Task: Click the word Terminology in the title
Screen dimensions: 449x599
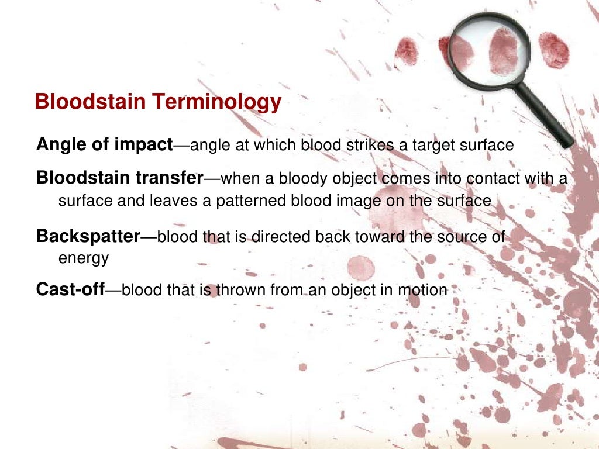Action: coord(218,102)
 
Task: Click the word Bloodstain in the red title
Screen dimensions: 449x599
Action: coord(91,102)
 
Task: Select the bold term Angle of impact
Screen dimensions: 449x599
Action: coord(104,144)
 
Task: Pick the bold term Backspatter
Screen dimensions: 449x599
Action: coord(88,237)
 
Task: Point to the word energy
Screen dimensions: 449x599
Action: coord(84,258)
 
